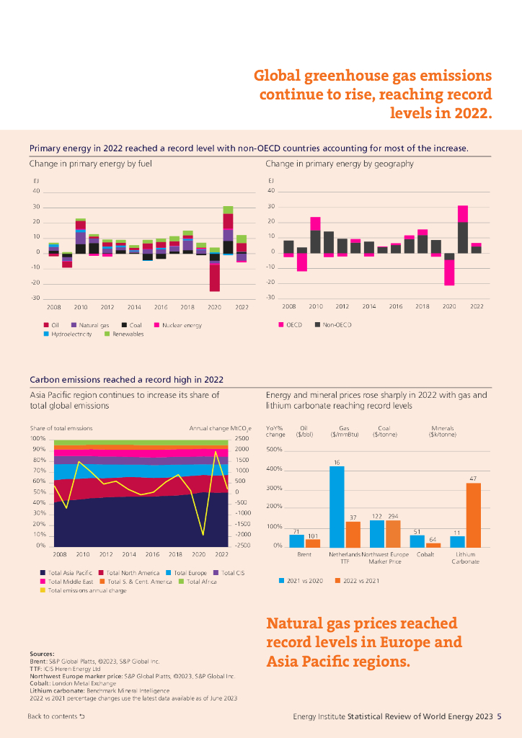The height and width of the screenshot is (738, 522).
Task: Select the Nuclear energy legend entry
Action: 180,326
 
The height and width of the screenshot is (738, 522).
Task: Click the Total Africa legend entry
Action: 198,582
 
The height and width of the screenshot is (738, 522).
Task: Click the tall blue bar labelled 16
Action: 337,506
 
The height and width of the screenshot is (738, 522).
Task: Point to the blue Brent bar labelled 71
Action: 296,540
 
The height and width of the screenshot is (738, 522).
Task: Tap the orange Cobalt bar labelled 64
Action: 433,544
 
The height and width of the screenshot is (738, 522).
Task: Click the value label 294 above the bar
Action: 393,517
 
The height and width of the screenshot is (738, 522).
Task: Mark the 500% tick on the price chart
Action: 274,450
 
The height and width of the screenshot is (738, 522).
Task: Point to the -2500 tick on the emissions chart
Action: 242,546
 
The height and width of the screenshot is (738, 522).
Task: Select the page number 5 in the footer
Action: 499,716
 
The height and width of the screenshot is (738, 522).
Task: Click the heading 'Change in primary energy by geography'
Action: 339,164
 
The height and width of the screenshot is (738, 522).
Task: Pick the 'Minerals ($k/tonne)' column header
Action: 442,432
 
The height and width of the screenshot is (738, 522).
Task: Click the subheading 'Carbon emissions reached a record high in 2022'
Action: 126,380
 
